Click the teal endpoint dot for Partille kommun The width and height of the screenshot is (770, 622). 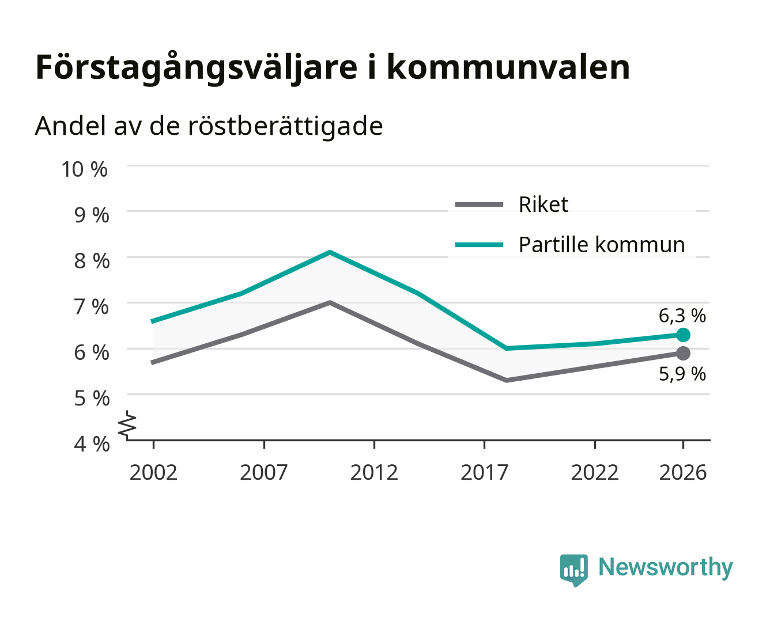[682, 335]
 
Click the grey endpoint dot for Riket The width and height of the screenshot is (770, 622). [682, 353]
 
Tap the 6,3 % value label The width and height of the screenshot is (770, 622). [682, 316]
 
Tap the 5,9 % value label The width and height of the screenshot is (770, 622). [682, 374]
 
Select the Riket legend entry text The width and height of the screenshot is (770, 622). [543, 204]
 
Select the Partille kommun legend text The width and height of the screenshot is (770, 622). [602, 245]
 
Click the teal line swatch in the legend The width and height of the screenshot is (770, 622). [479, 245]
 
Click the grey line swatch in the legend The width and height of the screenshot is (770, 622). [479, 204]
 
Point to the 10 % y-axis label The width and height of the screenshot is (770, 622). [85, 169]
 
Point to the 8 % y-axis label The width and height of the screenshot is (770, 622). [92, 261]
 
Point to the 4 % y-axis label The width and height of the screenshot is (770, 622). [92, 444]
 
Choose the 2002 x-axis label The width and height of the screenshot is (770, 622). [153, 472]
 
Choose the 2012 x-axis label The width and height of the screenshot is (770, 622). [374, 472]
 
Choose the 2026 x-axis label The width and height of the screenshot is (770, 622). [682, 472]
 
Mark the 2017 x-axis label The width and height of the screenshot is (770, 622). [484, 472]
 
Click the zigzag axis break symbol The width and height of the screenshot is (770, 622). [127, 425]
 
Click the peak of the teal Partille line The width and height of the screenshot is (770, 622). [330, 252]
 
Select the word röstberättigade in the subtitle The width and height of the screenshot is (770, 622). [285, 127]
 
